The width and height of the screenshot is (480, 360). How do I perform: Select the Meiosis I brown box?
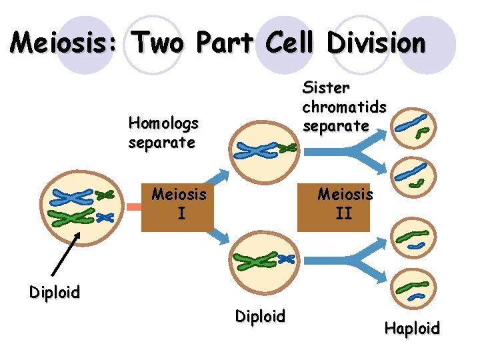click(x=178, y=205)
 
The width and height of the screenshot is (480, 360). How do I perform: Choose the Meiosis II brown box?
click(x=344, y=205)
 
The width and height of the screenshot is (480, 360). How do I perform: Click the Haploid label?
click(x=412, y=328)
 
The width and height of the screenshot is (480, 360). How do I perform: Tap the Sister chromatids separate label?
click(x=344, y=106)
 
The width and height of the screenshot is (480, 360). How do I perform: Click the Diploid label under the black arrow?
click(x=54, y=292)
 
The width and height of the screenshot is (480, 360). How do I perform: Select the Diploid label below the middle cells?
click(x=260, y=316)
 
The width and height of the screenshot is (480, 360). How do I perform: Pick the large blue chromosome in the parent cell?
click(x=73, y=197)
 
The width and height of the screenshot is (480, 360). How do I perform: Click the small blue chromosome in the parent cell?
click(x=105, y=217)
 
